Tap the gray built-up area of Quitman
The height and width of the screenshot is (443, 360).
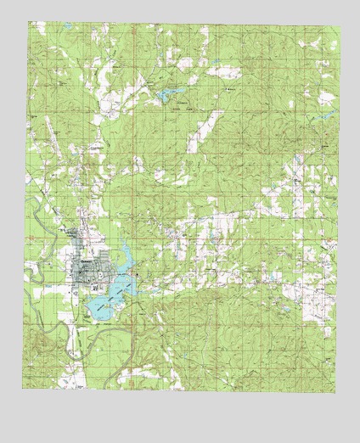tap(88, 273)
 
